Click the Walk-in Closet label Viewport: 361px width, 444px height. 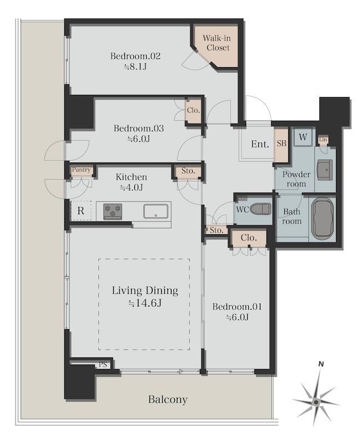pos(217,43)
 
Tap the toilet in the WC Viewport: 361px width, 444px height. pos(260,209)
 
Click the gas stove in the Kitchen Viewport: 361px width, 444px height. pos(113,211)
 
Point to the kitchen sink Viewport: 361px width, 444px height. pos(156,211)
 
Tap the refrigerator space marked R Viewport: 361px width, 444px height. pos(81,211)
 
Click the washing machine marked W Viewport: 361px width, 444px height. pos(303,137)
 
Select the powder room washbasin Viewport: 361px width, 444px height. pos(325,170)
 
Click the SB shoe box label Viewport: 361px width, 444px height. pos(282,144)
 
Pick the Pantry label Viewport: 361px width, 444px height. pos(81,170)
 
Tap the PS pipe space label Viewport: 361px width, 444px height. pos(103,365)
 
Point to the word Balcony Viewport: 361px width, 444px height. pos(168,400)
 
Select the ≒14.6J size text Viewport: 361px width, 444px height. pos(145,303)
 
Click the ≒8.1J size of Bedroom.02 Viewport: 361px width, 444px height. pos(136,67)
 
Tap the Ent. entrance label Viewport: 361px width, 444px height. pos(260,144)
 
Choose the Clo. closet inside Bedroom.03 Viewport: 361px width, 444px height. pos(193,110)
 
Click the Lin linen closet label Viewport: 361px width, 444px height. pos(323,140)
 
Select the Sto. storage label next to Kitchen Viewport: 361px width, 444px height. pos(188,171)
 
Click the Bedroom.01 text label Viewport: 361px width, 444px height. pos(237,307)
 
